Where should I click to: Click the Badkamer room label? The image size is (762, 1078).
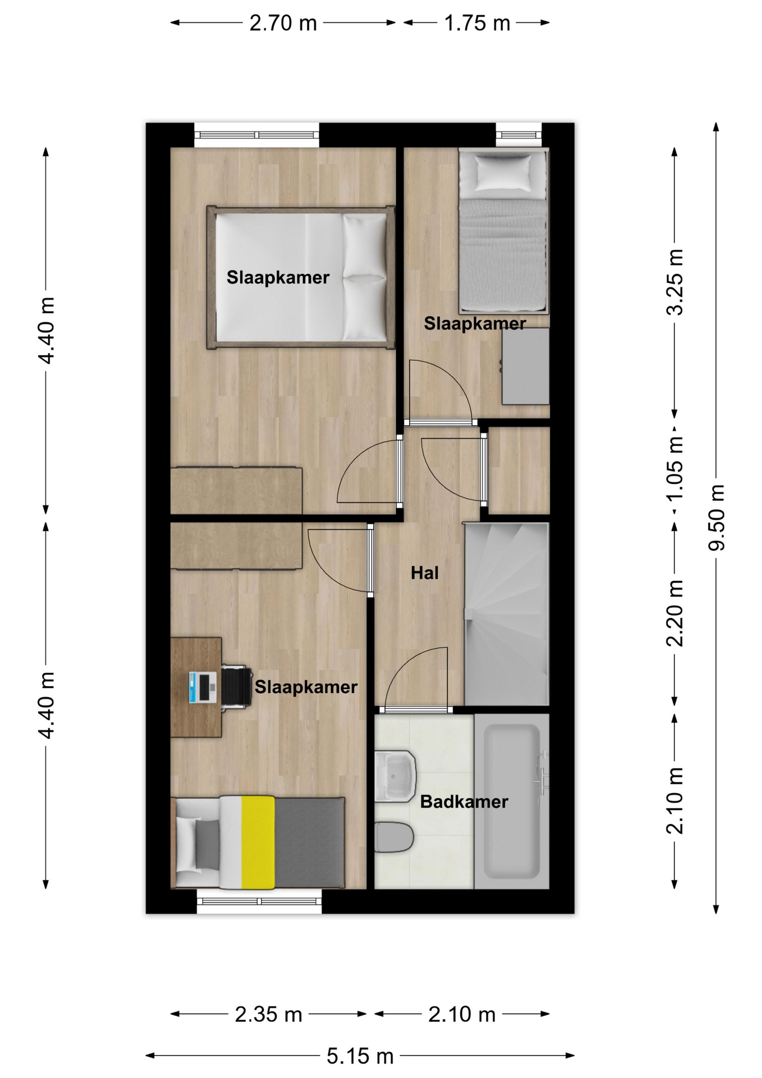coord(464,801)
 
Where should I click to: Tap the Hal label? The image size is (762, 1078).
coord(425,573)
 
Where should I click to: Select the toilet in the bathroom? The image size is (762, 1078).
coord(394,837)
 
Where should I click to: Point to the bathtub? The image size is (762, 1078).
coord(512,801)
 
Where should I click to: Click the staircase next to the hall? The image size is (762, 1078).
coord(507,614)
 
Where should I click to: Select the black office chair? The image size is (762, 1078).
coord(236,686)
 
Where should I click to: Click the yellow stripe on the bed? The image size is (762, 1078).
coord(258,842)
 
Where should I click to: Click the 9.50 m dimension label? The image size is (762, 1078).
coord(717,518)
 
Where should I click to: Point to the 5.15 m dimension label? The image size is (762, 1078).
coord(360,1056)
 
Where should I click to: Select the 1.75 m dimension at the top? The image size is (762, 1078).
coord(477,23)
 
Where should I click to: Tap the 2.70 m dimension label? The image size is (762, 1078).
coord(283,23)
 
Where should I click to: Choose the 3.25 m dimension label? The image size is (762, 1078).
coord(675,282)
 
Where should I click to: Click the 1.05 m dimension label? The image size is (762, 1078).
coord(675,468)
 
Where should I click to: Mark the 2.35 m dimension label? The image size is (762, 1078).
coord(268,1015)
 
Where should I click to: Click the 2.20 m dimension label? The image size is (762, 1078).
coord(675,613)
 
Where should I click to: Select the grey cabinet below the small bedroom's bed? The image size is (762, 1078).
coord(525,366)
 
